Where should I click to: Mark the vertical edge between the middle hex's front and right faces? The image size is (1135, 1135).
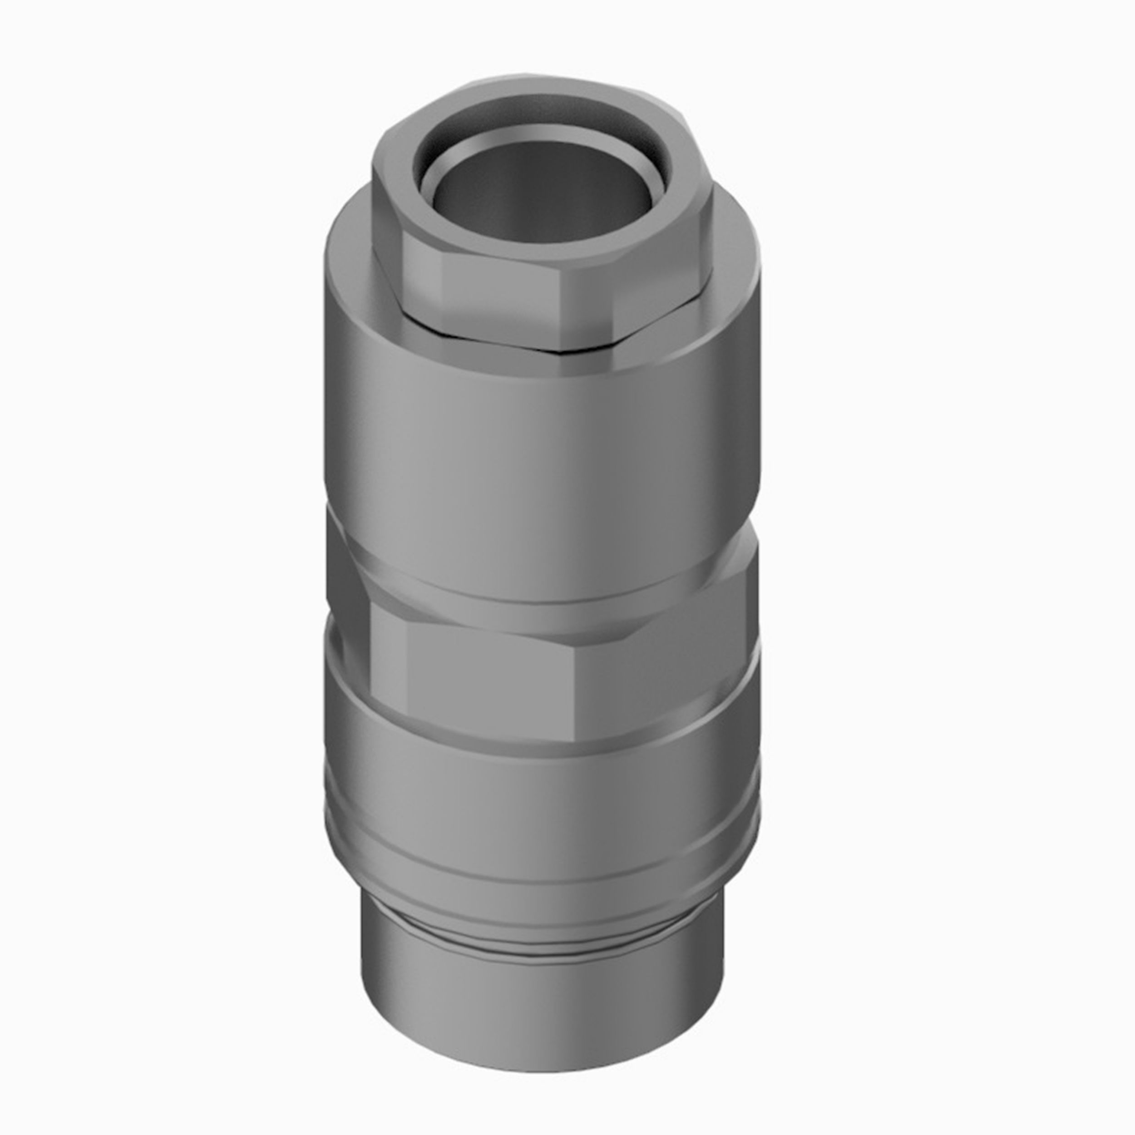579,676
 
